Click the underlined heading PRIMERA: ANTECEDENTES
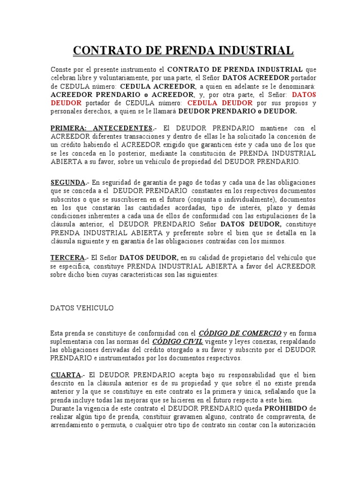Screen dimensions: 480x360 pos(101,128)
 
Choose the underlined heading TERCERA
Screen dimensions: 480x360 pos(67,258)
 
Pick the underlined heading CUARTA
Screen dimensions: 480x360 pos(66,375)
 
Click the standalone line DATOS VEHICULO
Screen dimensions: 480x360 pos(82,308)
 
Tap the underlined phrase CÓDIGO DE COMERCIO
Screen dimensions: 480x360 pos(240,333)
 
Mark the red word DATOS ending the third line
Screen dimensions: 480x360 pos(304,95)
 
